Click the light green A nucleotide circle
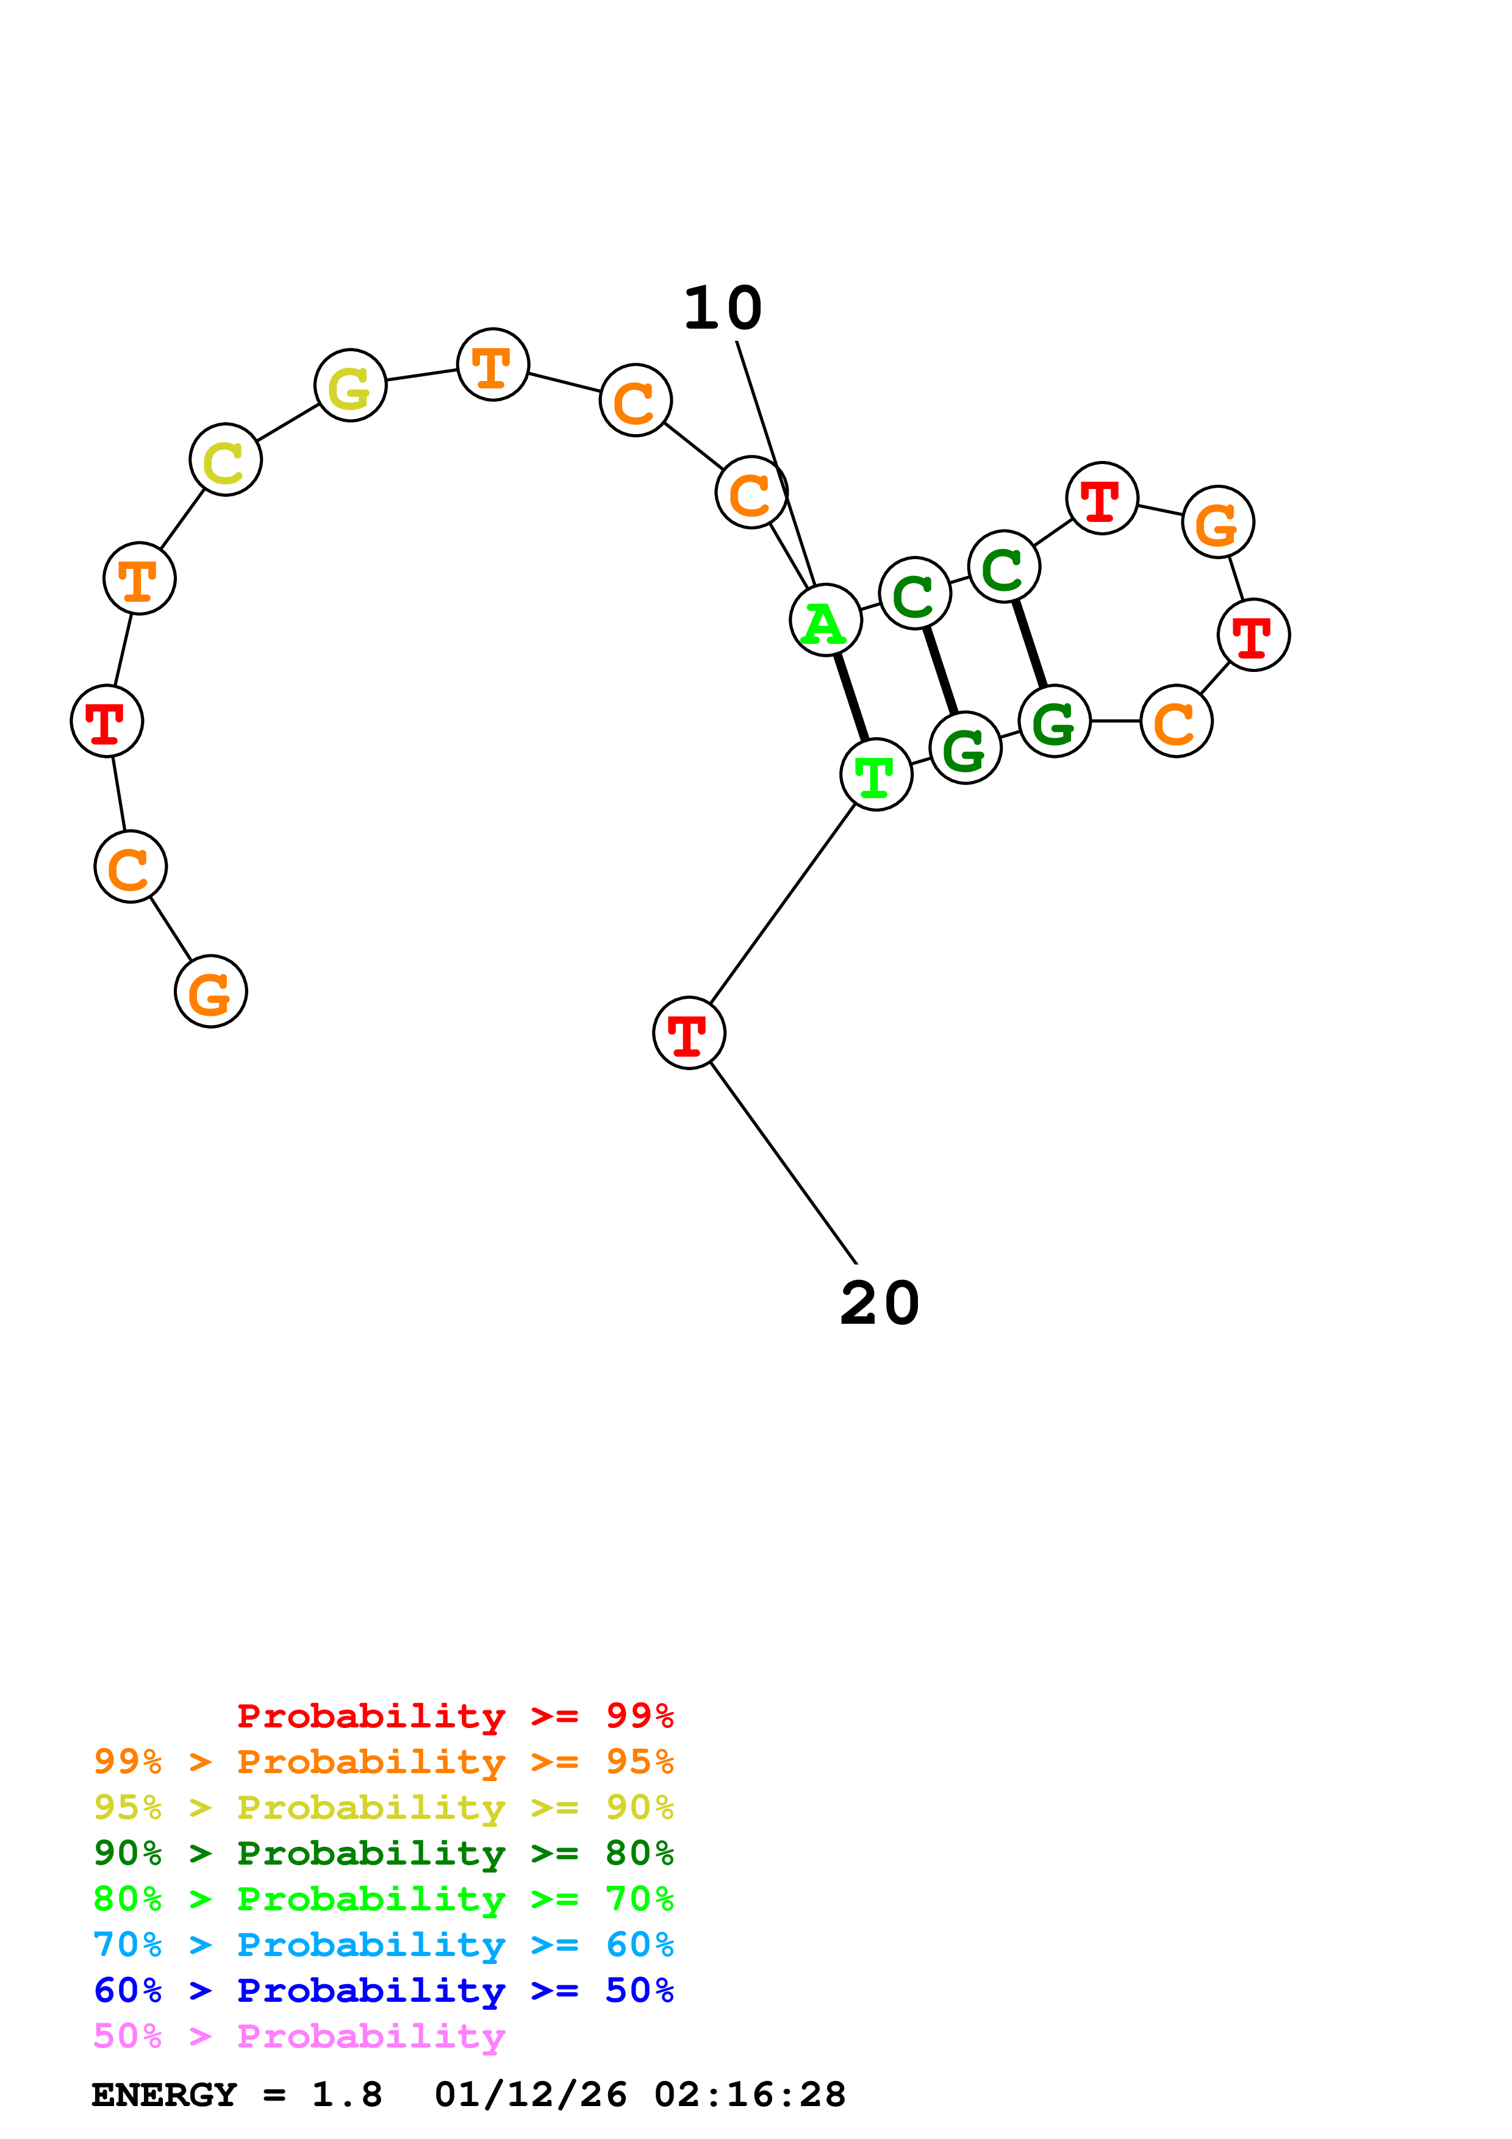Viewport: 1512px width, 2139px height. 825,621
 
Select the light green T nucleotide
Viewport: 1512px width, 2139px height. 876,774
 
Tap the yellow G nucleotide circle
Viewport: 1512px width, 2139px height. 350,386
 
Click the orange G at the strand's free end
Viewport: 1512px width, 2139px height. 210,991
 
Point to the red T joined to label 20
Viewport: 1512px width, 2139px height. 689,1032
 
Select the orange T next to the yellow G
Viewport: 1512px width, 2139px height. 493,364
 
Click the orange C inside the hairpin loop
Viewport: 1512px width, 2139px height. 1176,721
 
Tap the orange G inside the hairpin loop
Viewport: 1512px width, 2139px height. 1217,522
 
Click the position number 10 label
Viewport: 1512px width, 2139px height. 723,309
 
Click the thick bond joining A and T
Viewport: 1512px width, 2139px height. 851,697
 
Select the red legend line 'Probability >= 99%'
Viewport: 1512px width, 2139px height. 454,1715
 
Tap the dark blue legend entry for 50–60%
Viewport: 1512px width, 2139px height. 383,1990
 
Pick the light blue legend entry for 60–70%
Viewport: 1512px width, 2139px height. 383,1944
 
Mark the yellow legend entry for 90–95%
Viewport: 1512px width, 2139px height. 383,1807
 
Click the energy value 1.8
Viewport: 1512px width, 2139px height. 346,2094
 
